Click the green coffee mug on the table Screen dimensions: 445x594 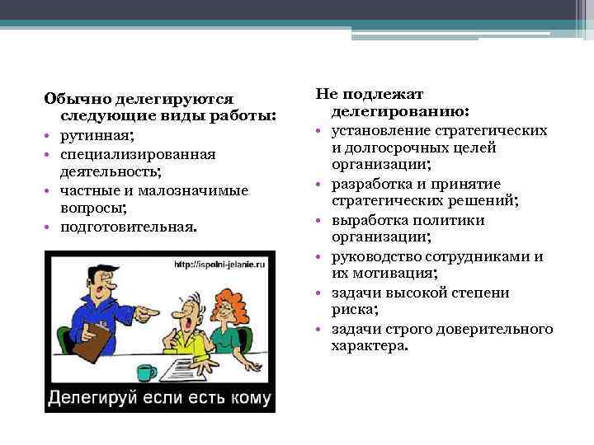coord(146,372)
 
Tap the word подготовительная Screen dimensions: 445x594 coord(129,226)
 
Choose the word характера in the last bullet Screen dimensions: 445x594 coord(368,347)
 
